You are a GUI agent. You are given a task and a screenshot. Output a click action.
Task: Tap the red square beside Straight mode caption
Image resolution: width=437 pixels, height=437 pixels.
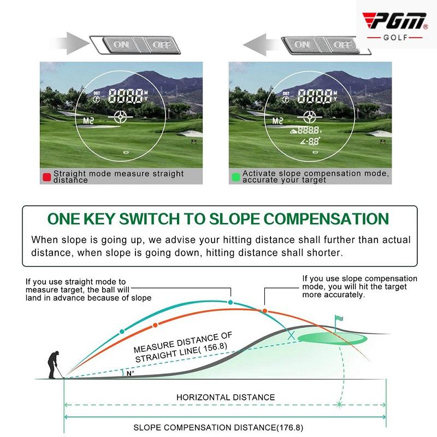coord(46,177)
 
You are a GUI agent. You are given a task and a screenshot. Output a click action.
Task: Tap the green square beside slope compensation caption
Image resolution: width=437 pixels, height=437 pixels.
coord(235,177)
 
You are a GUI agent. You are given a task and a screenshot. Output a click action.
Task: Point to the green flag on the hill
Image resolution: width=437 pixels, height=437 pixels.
coord(339,318)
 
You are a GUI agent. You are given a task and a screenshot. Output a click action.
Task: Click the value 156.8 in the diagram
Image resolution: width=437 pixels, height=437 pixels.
coord(215,347)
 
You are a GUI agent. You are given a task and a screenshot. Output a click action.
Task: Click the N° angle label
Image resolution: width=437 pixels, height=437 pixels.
coord(130,374)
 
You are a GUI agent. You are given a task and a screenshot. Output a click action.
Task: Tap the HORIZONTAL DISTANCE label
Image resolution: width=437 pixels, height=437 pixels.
coord(226,397)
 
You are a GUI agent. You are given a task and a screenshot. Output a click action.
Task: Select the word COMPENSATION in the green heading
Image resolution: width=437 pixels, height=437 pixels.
coord(326,219)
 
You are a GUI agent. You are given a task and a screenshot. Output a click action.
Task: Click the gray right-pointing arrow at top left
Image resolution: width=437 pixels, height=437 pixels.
coord(72,44)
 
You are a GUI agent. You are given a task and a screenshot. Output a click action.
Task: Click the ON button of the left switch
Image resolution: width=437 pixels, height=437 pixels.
coord(121,45)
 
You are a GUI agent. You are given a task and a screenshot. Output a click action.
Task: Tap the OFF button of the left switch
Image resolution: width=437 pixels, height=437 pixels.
coord(161,45)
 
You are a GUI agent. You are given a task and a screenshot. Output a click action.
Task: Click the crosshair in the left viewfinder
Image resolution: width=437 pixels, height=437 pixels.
coord(121,117)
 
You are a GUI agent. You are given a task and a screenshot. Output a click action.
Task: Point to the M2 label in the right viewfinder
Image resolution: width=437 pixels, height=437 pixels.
coord(277,121)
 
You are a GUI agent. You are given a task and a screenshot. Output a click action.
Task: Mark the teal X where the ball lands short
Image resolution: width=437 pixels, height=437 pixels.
coord(291,335)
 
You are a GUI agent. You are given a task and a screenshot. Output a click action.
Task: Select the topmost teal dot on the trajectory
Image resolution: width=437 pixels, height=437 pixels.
coord(230,303)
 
